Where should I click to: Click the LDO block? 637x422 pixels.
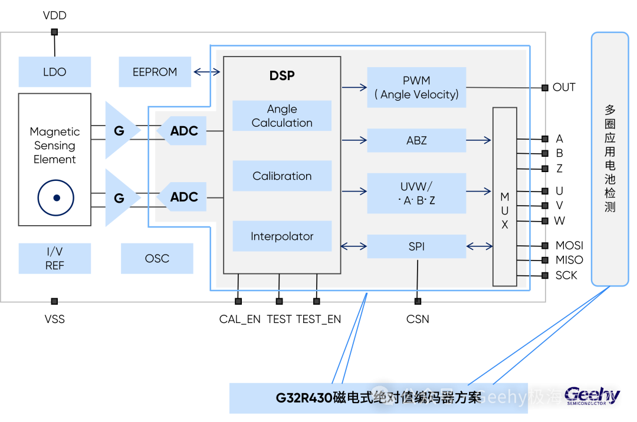click(55, 72)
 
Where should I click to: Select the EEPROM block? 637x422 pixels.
click(155, 72)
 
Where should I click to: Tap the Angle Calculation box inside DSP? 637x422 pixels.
click(282, 116)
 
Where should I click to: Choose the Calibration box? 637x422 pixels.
click(282, 176)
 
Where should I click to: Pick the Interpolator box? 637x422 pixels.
click(282, 236)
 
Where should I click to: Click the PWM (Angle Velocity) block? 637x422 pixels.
click(416, 87)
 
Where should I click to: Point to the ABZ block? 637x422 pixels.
click(416, 140)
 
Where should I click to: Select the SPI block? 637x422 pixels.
click(416, 246)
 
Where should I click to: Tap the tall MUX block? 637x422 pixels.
click(505, 196)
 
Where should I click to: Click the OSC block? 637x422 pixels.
click(157, 258)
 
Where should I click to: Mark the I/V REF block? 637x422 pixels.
click(55, 258)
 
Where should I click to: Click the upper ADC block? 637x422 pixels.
click(183, 131)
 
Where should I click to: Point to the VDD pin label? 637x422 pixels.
click(55, 15)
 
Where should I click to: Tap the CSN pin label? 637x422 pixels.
click(418, 319)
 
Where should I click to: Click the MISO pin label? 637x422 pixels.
click(569, 260)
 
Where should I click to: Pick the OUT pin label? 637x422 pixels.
click(564, 87)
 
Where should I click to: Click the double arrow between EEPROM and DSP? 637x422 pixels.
click(207, 72)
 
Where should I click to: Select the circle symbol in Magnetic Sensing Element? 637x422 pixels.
click(56, 198)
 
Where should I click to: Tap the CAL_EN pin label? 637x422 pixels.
click(239, 319)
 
